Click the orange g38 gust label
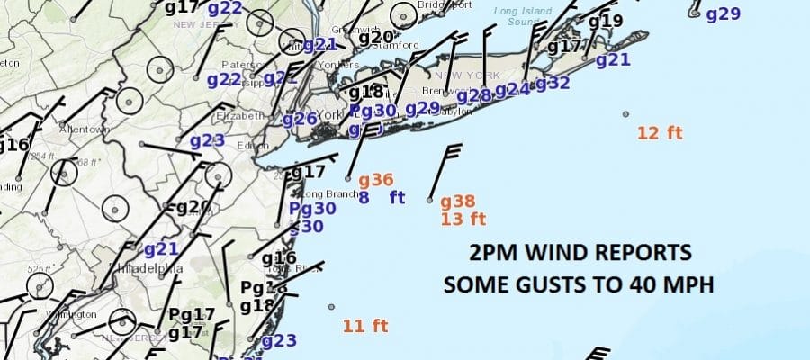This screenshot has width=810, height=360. coord(457,202)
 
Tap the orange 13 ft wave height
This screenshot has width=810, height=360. coord(463,219)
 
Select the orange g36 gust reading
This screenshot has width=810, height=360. coord(376,180)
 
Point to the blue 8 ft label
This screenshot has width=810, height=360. coord(382,198)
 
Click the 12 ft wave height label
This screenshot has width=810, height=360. coord(660,133)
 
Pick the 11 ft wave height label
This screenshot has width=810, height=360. coord(364,326)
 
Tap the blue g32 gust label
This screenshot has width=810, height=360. coord(553,84)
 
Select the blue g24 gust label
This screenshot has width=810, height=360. coord(512,90)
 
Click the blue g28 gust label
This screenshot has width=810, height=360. coord(474,96)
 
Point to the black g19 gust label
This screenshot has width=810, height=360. coord(606,21)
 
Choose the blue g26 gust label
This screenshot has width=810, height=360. coord(300,119)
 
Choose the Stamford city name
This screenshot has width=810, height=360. coord(399,45)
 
